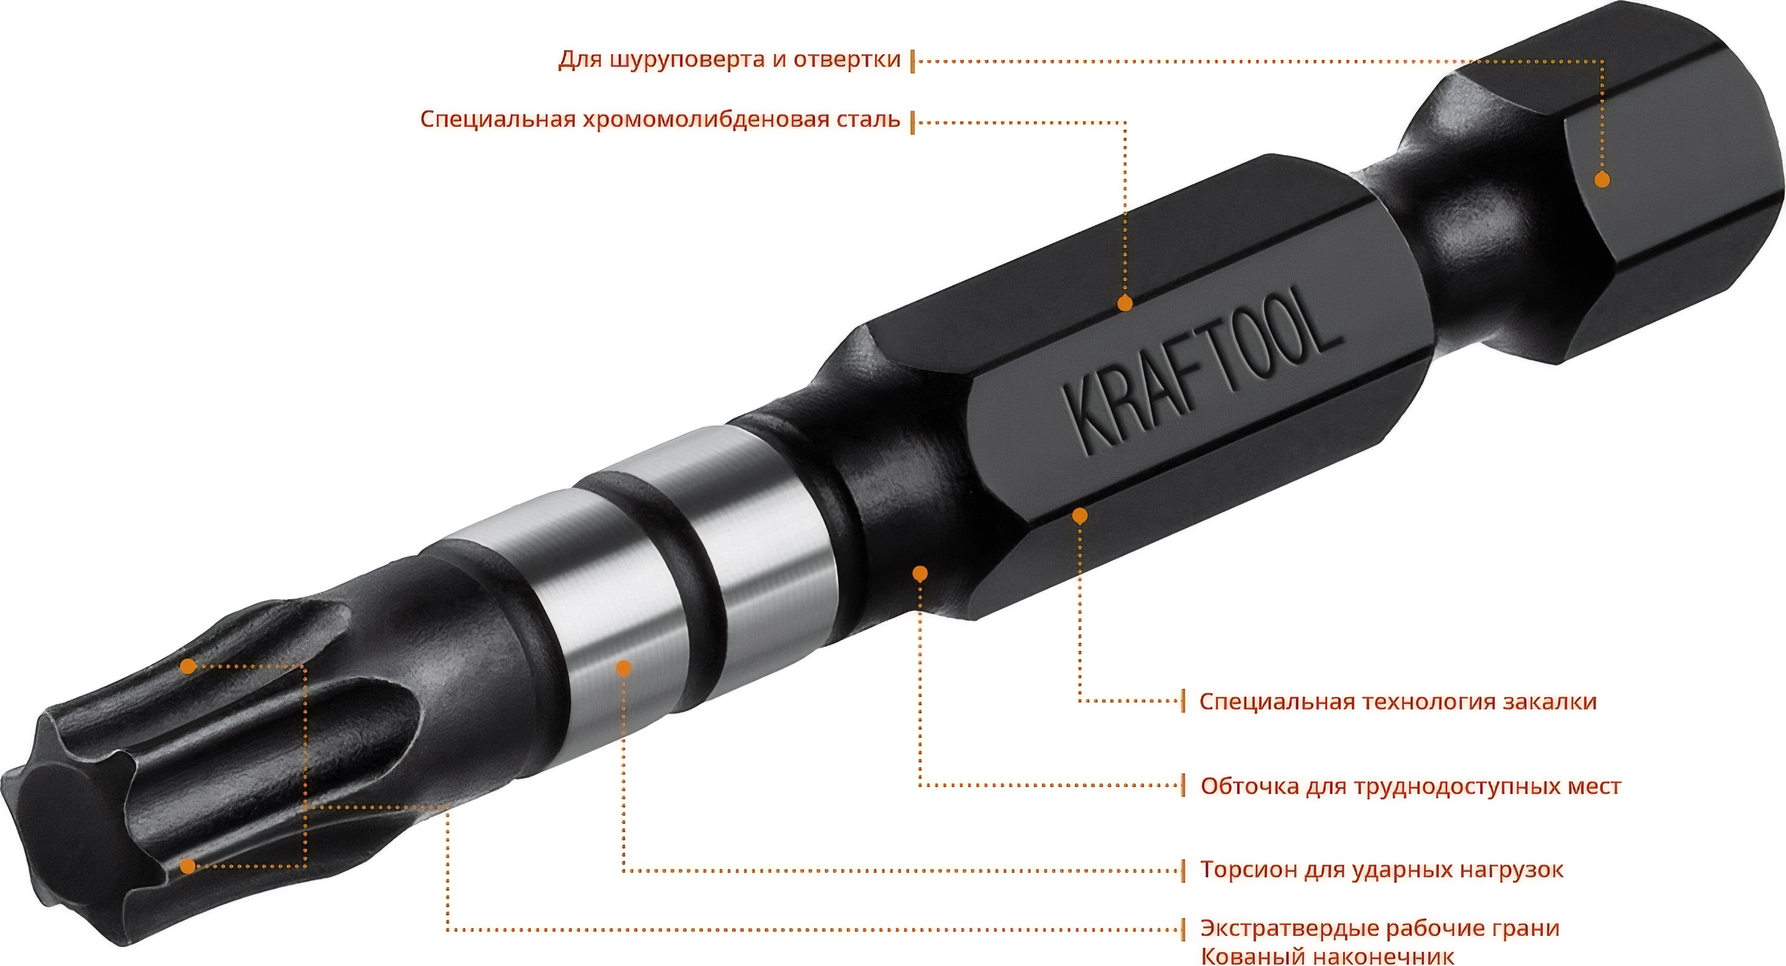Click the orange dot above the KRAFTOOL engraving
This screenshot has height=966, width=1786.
tap(1124, 304)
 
